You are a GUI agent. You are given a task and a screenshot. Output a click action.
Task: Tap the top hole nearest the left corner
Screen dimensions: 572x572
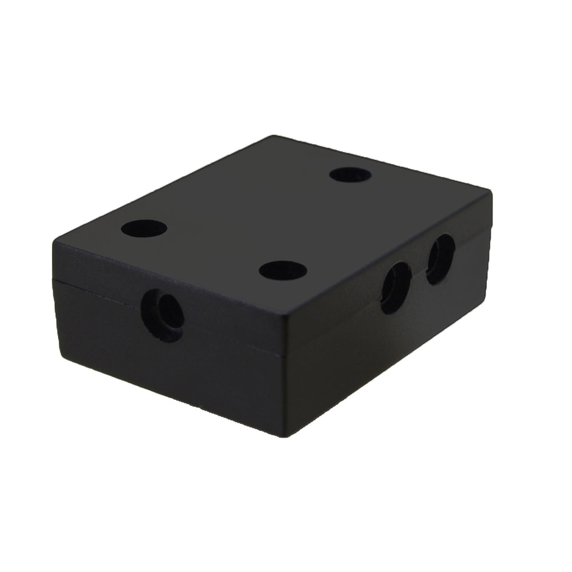(x=144, y=229)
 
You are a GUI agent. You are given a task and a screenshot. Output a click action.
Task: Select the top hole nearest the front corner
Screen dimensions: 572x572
(x=283, y=269)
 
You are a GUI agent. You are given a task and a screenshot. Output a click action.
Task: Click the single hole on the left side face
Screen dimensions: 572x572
(x=164, y=315)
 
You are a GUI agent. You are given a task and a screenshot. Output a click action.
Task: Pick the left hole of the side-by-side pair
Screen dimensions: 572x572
(x=396, y=288)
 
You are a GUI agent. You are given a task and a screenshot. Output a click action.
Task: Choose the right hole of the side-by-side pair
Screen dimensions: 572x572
(x=440, y=259)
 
